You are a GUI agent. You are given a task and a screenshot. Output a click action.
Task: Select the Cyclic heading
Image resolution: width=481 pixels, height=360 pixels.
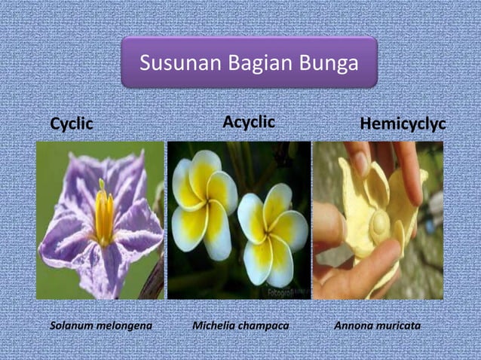tap(72, 124)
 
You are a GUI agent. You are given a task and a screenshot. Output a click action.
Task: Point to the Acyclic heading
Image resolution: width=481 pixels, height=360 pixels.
tap(248, 122)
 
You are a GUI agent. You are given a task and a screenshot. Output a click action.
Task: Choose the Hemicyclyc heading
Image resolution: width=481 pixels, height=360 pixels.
tap(403, 124)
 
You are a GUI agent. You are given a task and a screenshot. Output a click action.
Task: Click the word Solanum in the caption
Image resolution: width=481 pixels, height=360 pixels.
tap(73, 325)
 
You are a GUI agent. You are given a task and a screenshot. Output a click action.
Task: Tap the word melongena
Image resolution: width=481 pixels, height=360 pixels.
tap(127, 325)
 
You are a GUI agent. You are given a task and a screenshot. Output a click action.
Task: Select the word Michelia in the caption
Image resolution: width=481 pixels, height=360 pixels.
tap(214, 325)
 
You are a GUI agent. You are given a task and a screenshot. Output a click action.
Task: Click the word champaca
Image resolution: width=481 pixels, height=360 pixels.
tap(265, 325)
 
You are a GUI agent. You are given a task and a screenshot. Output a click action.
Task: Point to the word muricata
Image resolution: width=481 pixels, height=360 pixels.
tap(399, 325)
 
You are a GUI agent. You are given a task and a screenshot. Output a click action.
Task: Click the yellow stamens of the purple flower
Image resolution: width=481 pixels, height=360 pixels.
tap(103, 215)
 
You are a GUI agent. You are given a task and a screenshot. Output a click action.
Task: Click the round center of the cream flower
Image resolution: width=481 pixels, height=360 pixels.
tap(378, 222)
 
